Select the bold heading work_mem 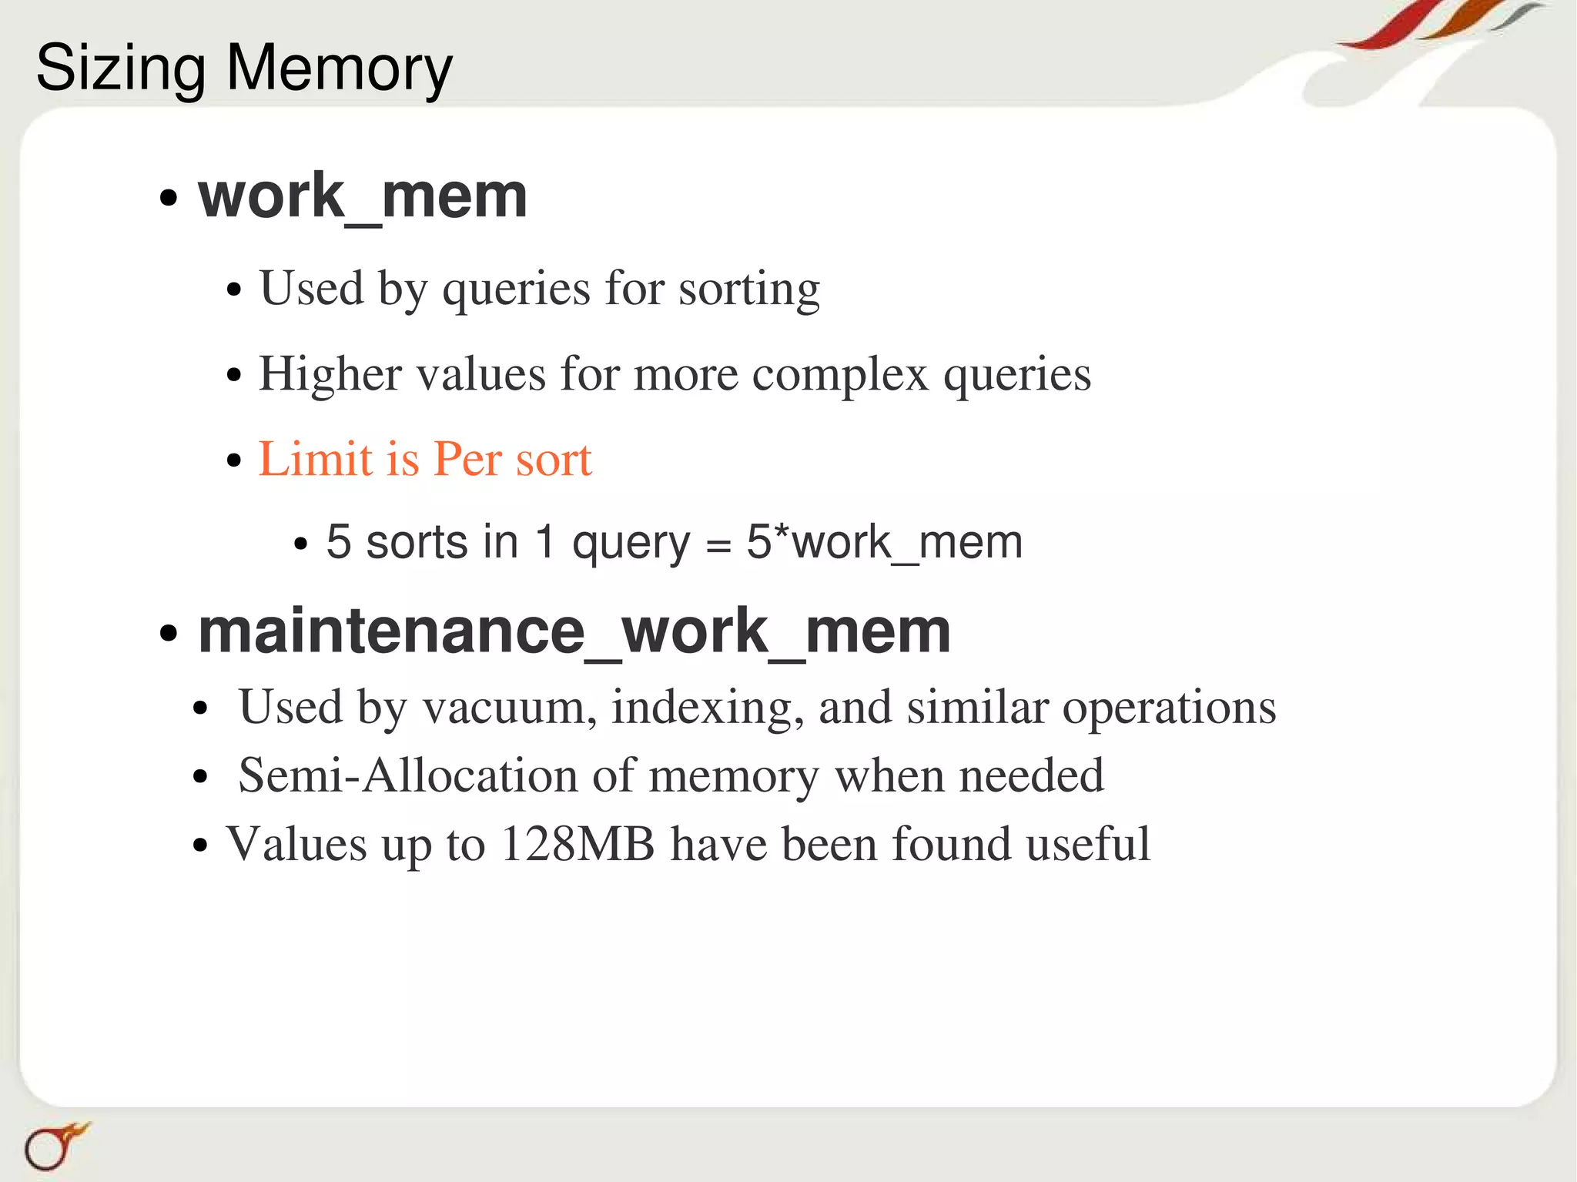coord(363,196)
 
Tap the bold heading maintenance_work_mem coord(574,631)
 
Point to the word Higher coord(330,375)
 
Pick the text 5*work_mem coord(884,543)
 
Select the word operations coord(1169,708)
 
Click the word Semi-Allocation coord(407,775)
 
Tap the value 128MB coord(577,844)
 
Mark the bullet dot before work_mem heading coord(168,199)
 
